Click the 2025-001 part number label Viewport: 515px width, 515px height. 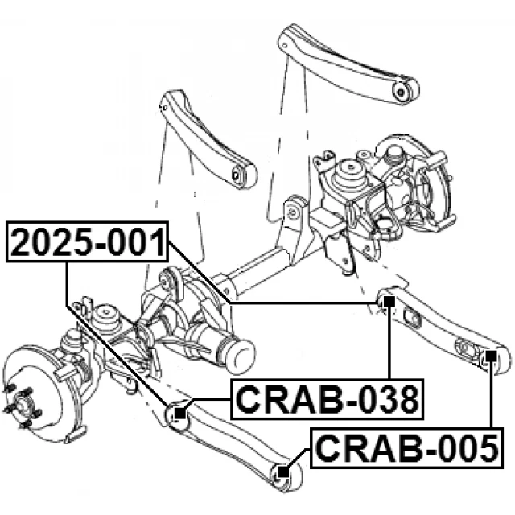point(89,242)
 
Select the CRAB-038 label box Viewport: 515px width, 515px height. point(327,399)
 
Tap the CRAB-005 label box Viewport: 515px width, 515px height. point(406,448)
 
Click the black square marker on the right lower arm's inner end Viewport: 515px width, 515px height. point(388,303)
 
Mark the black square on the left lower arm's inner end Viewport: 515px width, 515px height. point(179,414)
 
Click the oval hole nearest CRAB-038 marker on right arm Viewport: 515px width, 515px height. point(414,319)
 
